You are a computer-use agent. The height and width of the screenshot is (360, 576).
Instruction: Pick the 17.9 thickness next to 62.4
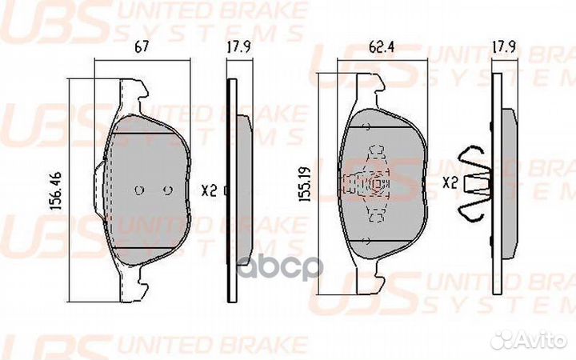click(x=502, y=46)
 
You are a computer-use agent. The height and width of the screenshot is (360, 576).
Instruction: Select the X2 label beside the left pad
click(x=210, y=190)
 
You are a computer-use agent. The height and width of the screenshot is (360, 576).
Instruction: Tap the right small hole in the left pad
click(x=167, y=190)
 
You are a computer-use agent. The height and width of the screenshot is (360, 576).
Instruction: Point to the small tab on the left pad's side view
click(x=227, y=190)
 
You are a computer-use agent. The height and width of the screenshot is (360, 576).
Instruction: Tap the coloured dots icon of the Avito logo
click(x=502, y=339)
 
